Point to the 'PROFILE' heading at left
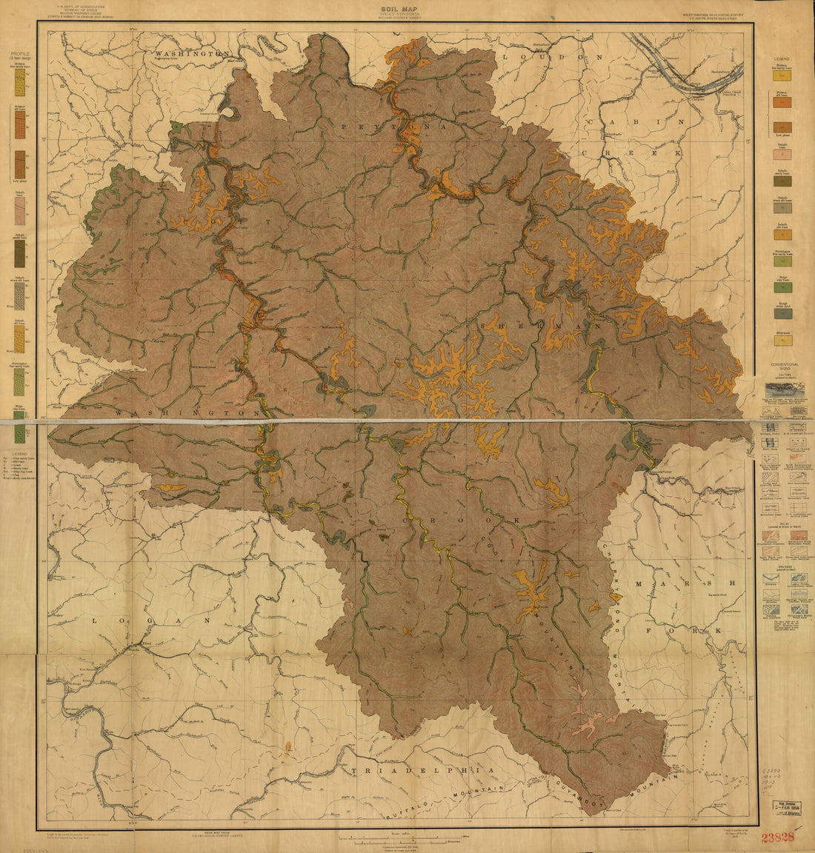tap(20, 55)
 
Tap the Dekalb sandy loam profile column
tap(19, 254)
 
